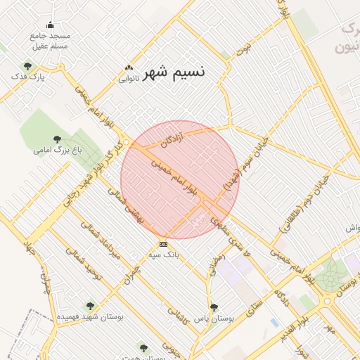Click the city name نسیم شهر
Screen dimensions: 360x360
pyautogui.click(x=174, y=73)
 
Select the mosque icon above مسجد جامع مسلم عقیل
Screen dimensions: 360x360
pyautogui.click(x=50, y=25)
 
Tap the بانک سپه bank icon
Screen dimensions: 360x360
pyautogui.click(x=163, y=244)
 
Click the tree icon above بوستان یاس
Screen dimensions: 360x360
pyautogui.click(x=214, y=307)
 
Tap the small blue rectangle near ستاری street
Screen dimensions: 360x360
pyautogui.click(x=274, y=322)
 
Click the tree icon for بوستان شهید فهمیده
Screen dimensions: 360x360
pyautogui.click(x=89, y=306)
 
